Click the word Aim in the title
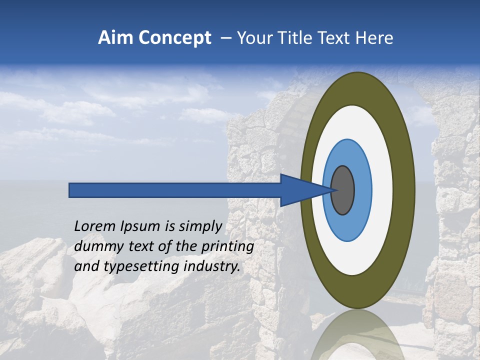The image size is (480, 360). pos(115,38)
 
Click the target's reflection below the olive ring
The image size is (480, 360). pos(357,335)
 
